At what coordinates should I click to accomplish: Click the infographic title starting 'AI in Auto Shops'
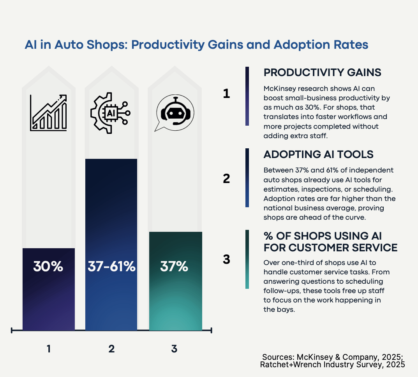[196, 44]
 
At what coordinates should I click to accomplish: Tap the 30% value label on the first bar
[48, 267]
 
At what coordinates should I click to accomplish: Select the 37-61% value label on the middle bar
[111, 267]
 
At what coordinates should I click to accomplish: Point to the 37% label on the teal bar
[174, 267]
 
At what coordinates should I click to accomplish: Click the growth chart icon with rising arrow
[48, 112]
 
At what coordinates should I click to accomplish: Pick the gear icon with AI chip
[110, 113]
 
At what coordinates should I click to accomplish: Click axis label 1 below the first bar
[49, 349]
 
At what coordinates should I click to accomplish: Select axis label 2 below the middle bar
[111, 349]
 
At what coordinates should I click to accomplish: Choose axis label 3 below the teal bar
[174, 349]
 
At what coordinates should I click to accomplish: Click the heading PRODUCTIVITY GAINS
[322, 73]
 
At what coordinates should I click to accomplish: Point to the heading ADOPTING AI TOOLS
[318, 155]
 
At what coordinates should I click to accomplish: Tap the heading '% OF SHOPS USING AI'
[323, 236]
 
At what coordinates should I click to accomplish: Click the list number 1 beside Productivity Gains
[227, 94]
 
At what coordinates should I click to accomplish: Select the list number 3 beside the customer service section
[227, 260]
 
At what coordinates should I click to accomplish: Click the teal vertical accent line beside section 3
[247, 259]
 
